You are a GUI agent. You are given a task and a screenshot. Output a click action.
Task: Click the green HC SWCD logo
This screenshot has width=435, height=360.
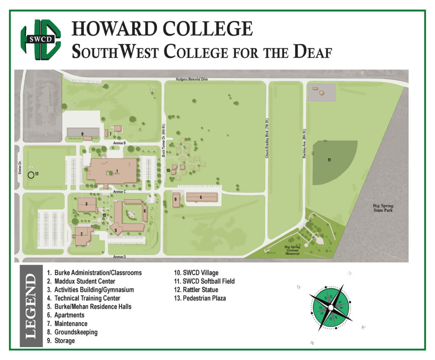click(41, 38)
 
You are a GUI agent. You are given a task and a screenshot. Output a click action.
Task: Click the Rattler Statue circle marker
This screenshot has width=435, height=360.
click(31, 174)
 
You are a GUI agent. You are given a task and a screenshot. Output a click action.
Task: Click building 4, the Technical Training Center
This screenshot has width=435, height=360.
click(201, 197)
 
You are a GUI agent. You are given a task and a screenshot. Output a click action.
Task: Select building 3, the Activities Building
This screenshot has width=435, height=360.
click(87, 204)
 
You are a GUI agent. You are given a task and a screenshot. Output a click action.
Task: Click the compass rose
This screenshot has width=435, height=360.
click(330, 306)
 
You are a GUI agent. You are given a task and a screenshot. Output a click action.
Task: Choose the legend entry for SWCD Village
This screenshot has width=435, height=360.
click(196, 272)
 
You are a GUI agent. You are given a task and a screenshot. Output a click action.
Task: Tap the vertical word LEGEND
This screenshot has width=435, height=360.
click(31, 306)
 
